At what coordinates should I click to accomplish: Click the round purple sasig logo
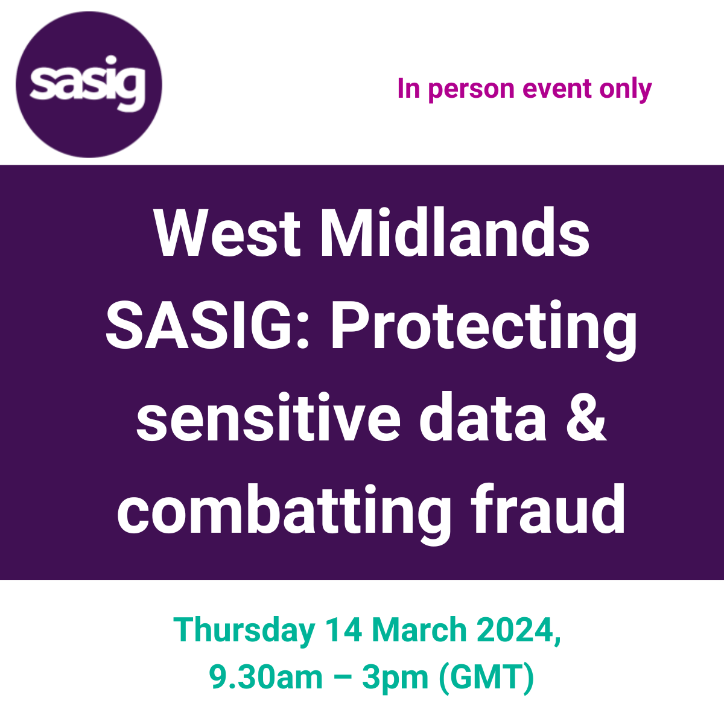pyautogui.click(x=89, y=84)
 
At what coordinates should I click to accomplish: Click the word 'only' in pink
pyautogui.click(x=626, y=90)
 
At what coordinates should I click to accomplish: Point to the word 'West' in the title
pyautogui.click(x=227, y=233)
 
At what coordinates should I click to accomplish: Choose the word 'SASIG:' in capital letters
pyautogui.click(x=208, y=325)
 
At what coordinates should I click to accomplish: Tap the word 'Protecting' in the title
pyautogui.click(x=483, y=331)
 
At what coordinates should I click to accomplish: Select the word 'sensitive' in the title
pyautogui.click(x=268, y=416)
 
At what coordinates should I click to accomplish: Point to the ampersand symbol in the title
pyautogui.click(x=586, y=418)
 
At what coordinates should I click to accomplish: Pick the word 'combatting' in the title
pyautogui.click(x=284, y=515)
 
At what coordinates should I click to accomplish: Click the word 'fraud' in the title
pyautogui.click(x=547, y=509)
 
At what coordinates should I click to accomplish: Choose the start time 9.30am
pyautogui.click(x=266, y=678)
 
